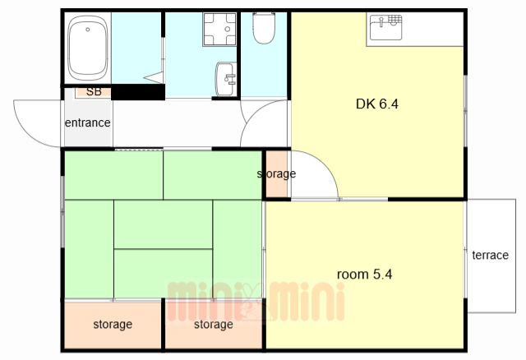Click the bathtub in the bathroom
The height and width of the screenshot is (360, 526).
pos(88,48)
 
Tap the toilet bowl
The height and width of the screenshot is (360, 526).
pos(264,28)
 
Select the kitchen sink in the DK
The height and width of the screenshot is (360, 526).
pos(385,27)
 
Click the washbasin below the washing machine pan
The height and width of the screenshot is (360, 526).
pos(226,79)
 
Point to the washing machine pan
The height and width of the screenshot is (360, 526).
pos(219,30)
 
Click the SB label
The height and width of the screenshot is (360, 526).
pos(94,91)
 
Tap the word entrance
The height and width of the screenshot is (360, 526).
pos(88,122)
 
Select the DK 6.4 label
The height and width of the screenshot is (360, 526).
pos(377,104)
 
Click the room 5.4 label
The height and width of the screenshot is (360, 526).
pos(364,275)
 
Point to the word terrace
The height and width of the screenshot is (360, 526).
pos(490,255)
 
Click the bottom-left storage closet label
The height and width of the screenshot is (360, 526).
pos(113,325)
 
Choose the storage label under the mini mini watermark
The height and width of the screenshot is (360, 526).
pos(214,325)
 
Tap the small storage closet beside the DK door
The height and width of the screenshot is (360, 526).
pos(277,173)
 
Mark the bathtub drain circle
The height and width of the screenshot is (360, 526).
pos(88,30)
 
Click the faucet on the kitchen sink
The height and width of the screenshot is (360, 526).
pos(381,22)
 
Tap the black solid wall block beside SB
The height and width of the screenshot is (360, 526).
pos(138,92)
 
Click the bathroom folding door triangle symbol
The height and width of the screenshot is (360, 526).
pos(154,78)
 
